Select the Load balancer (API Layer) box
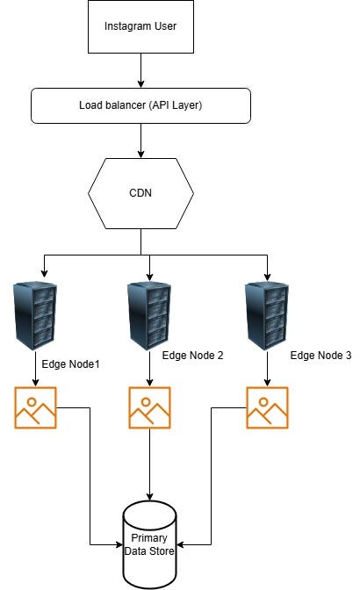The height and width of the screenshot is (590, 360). [141, 105]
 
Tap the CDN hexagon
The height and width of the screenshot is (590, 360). [141, 191]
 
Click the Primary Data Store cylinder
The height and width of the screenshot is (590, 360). [151, 544]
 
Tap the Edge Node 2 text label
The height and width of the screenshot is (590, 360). [194, 356]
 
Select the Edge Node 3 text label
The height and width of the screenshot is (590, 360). [320, 356]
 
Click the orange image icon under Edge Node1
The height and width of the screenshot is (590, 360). [35, 407]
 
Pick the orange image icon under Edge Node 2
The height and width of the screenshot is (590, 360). [150, 407]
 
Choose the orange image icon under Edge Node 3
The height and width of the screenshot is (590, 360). [268, 407]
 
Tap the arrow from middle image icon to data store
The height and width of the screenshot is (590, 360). [150, 465]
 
